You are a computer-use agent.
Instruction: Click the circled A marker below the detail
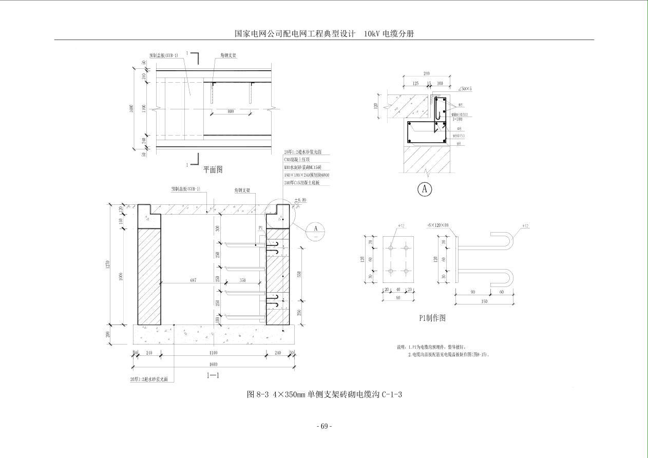tap(424, 189)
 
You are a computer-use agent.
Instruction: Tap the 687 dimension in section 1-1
tap(193, 280)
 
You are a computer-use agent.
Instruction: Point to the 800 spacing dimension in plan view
tap(231, 111)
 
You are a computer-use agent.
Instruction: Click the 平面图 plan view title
tap(213, 169)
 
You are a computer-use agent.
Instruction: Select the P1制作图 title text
tap(432, 318)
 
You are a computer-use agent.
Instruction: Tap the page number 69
tap(324, 426)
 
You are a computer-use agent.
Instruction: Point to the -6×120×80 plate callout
tap(437, 225)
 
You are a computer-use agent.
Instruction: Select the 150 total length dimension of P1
tap(483, 301)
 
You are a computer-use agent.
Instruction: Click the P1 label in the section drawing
tap(261, 227)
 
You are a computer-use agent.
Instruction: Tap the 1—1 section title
tap(213, 375)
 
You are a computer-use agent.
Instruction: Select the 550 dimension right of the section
tap(299, 274)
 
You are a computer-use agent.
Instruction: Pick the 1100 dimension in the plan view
tap(144, 108)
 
